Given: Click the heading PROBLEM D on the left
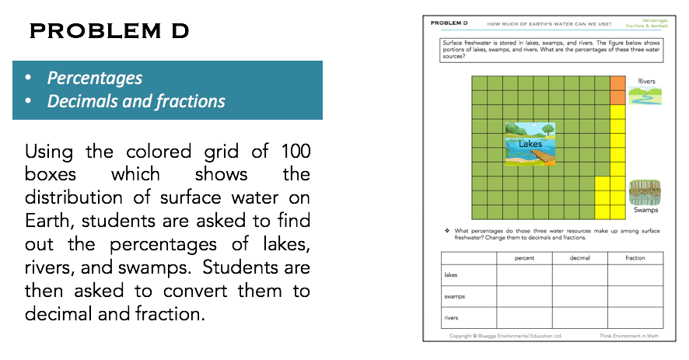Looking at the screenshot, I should point(108,32).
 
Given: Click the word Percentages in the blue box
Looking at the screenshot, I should point(94,79).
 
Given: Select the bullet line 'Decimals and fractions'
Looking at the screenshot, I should point(135,102).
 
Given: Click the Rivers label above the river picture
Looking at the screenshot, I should point(646,81).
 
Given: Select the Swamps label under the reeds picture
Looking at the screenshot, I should point(645,210).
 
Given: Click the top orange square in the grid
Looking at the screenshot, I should point(618,82).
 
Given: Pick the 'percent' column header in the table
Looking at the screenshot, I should point(523,258).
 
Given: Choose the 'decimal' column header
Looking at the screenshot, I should point(580,258).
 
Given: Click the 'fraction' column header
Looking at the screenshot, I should point(635,258).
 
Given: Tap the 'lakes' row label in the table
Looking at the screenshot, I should point(450,275).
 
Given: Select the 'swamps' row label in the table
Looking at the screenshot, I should point(453,296).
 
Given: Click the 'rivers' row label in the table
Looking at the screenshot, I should point(450,317).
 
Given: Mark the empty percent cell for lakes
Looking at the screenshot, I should point(523,275).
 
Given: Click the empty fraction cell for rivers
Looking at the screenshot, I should point(635,317).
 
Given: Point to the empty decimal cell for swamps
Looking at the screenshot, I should point(580,296).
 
